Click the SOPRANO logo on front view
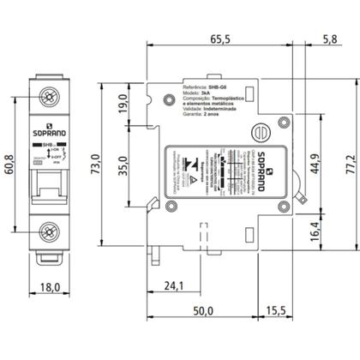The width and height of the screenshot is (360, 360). tap(49, 134)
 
